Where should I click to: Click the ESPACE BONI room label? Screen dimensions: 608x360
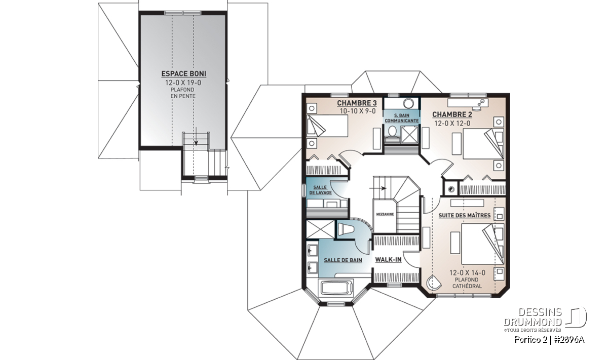[x=184, y=74]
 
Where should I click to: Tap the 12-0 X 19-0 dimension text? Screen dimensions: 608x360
[x=183, y=83]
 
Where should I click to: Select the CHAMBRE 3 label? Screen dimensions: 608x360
[x=357, y=103]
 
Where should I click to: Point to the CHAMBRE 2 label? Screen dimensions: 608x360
[x=452, y=114]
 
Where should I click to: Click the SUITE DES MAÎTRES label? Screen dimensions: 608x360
[x=465, y=215]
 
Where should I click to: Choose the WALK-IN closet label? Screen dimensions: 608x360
[x=388, y=260]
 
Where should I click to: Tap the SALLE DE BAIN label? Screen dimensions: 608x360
[x=343, y=260]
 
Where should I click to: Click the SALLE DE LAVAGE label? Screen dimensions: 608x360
[x=320, y=190]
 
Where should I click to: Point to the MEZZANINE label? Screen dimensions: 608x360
[x=385, y=214]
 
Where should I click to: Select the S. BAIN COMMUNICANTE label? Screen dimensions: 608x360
[x=401, y=118]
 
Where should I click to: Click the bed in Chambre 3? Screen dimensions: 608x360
[x=327, y=126]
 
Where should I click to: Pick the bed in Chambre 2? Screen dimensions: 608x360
[x=483, y=144]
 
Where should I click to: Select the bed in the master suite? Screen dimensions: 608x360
[x=482, y=244]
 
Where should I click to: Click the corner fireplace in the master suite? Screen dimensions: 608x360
[x=433, y=283]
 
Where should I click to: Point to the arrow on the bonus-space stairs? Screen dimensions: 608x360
[x=196, y=136]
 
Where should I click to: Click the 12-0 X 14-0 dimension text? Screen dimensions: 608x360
[x=467, y=272]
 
